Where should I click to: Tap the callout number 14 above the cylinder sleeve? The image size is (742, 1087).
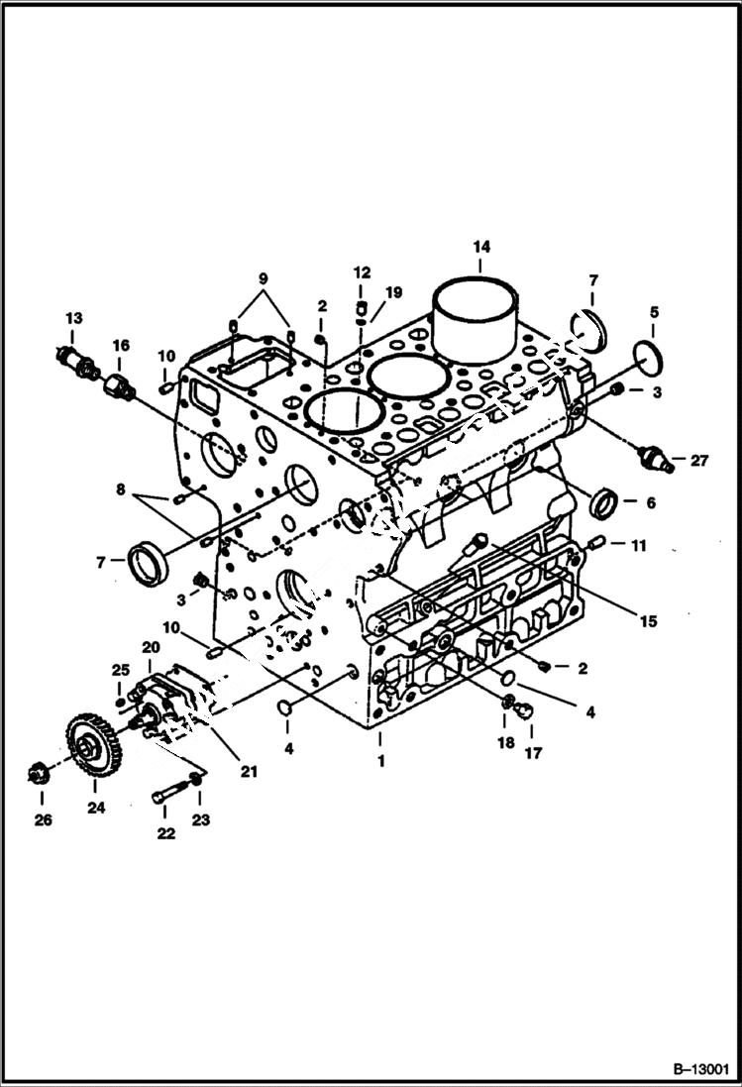pyautogui.click(x=480, y=247)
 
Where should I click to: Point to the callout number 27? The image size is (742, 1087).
pyautogui.click(x=700, y=459)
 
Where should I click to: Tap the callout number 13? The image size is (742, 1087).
pyautogui.click(x=74, y=318)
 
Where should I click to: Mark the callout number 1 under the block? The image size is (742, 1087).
pyautogui.click(x=377, y=762)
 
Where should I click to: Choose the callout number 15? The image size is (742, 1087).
pyautogui.click(x=648, y=621)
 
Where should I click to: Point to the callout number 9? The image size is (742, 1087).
pyautogui.click(x=264, y=279)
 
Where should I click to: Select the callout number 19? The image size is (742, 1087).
pyautogui.click(x=394, y=292)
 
